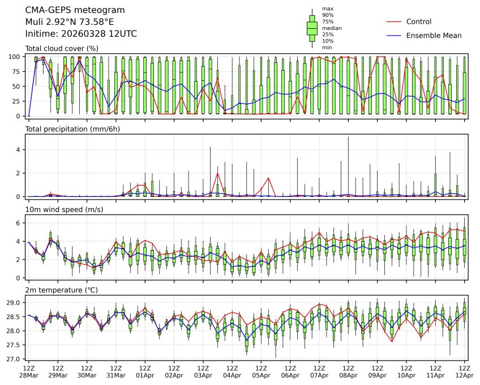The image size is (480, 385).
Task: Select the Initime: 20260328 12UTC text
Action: (x=81, y=34)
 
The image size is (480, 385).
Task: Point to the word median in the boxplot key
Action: (x=332, y=28)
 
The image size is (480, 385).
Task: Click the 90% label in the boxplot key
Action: (x=327, y=15)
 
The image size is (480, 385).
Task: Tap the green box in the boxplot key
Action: (x=311, y=28)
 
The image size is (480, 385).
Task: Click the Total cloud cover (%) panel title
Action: (x=62, y=48)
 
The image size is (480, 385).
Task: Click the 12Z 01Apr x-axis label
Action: (x=145, y=371)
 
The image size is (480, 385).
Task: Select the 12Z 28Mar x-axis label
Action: (x=29, y=371)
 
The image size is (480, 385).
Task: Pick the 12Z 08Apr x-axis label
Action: (x=348, y=371)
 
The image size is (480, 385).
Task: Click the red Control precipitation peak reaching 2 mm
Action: (x=217, y=173)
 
